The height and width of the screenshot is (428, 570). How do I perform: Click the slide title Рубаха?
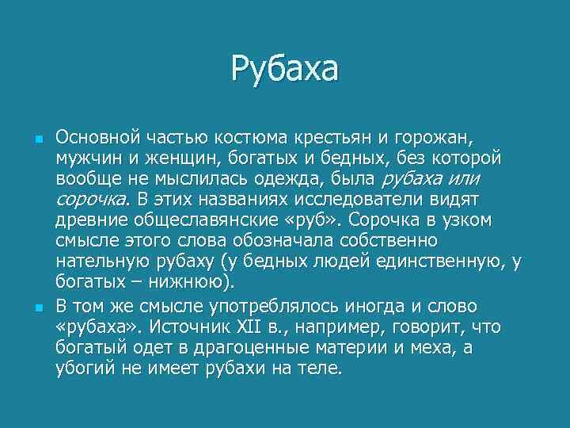pyautogui.click(x=284, y=68)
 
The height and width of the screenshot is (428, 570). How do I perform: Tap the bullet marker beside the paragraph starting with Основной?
pyautogui.click(x=37, y=138)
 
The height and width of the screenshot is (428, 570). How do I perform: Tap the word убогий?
pyautogui.click(x=82, y=367)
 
